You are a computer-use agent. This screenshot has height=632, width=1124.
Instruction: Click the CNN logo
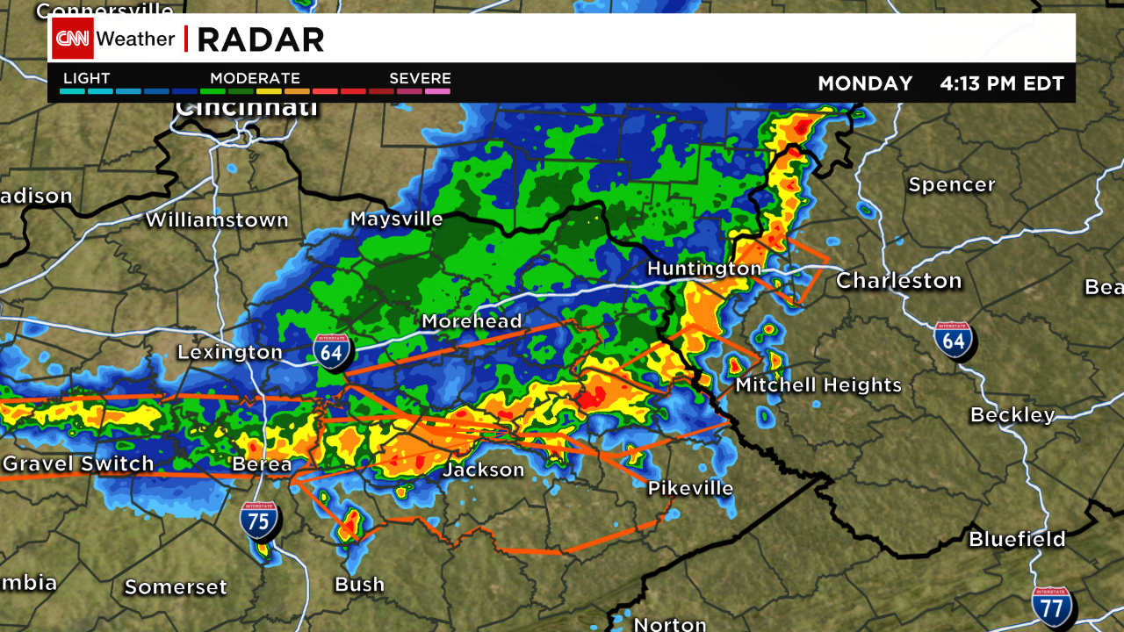73,39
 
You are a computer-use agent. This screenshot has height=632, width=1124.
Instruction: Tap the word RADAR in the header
261,39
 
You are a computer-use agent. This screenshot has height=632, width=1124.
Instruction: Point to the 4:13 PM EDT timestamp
1002,83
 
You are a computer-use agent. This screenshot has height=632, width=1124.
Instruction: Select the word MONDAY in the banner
865,83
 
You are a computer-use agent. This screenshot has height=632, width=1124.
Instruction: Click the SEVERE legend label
420,78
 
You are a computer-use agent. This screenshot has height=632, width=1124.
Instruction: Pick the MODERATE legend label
255,78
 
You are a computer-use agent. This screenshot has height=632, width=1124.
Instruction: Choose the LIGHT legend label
86,78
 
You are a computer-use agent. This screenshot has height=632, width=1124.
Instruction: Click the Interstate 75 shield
259,521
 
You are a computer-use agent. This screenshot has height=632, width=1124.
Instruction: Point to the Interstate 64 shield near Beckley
954,340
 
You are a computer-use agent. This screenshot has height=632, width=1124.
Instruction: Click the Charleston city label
898,281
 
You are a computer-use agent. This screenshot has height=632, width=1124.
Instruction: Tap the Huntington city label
704,269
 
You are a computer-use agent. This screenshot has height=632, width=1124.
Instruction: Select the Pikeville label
690,488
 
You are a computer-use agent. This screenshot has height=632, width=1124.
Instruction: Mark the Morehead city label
472,321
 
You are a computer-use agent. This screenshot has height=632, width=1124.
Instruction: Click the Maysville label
397,219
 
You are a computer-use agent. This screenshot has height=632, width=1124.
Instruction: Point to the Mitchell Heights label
818,385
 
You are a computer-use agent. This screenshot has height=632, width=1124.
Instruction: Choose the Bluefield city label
1017,539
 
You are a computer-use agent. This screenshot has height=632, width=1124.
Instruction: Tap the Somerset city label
176,587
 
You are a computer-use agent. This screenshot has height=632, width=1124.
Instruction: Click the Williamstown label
217,220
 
